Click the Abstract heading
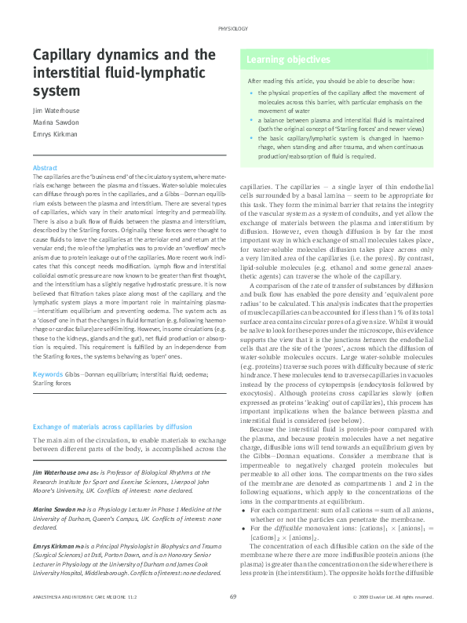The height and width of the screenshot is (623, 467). point(45,169)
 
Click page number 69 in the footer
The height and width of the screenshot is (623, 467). point(233,598)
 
